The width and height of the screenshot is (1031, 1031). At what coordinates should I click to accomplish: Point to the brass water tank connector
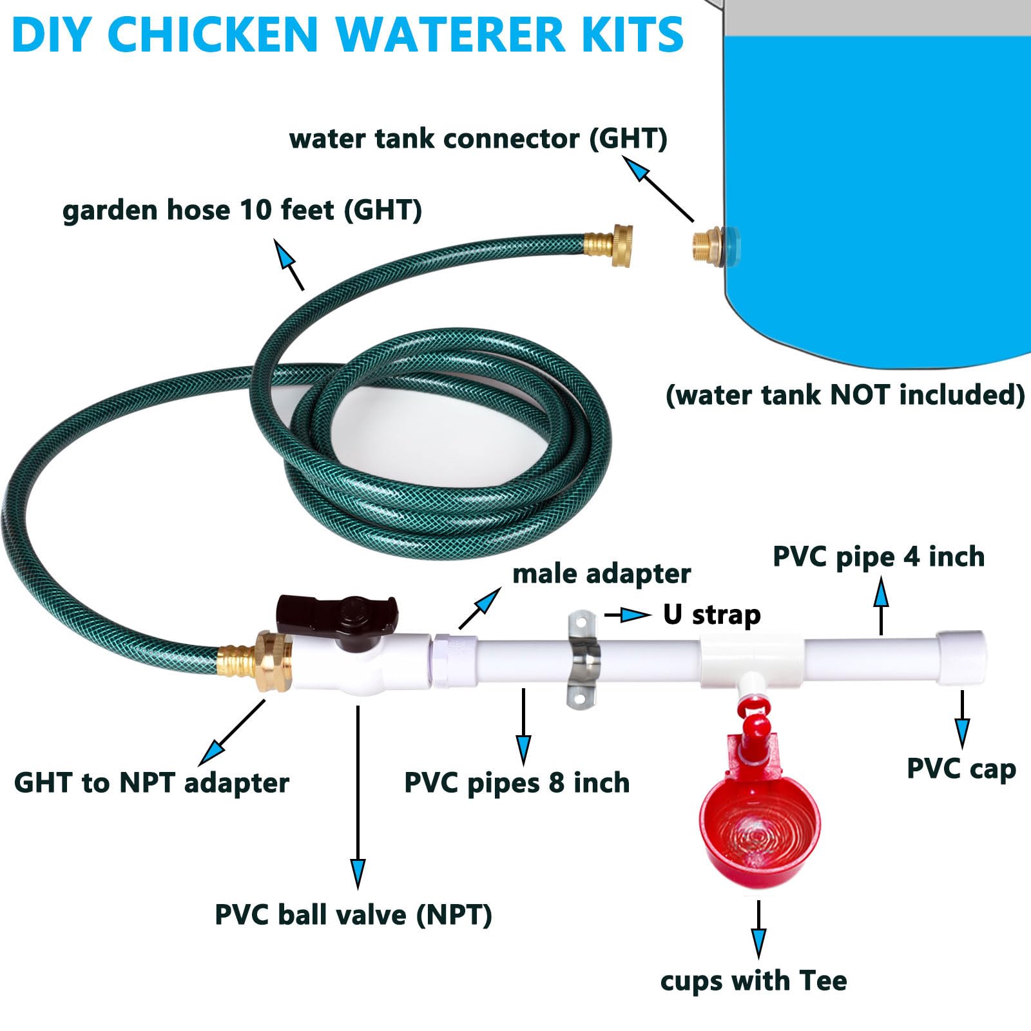point(709,245)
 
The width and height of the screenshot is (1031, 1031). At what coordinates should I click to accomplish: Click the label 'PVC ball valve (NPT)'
point(353,915)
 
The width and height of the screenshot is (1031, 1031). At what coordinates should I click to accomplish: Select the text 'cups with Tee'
point(753,981)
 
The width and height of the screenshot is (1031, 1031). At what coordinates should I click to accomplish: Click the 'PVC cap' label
point(961,769)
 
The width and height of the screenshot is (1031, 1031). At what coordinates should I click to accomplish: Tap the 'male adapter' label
point(601,573)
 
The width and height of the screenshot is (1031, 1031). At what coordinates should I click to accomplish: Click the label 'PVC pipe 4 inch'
point(878,557)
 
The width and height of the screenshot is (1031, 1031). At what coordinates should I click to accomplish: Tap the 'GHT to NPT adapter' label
point(151,783)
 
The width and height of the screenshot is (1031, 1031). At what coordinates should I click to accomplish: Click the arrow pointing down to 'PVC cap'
point(962,718)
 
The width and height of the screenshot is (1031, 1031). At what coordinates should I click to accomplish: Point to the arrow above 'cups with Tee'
point(758,928)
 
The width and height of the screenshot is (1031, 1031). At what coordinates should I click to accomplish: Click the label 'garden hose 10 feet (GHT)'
point(242,210)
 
